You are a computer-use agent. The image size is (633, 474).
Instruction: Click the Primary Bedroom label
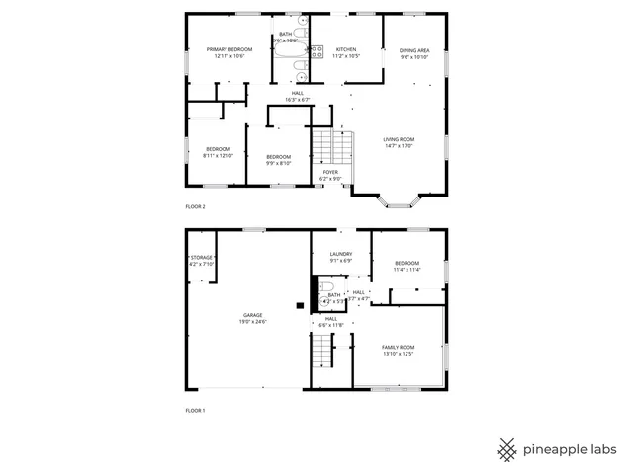point(228,49)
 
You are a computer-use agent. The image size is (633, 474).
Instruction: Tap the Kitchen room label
point(345,49)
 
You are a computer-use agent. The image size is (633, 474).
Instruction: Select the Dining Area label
point(414,50)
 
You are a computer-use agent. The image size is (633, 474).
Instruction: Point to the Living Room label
point(399,139)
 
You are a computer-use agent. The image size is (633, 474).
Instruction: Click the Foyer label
point(330,172)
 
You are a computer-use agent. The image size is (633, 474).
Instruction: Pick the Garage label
point(253,315)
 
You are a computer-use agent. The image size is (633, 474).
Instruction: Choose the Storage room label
point(202,257)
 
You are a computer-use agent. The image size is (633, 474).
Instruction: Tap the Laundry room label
point(341,254)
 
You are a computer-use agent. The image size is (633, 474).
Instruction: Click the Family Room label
point(399,347)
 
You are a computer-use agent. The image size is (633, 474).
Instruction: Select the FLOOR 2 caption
point(195,207)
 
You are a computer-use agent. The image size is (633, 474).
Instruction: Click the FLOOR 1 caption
point(195,410)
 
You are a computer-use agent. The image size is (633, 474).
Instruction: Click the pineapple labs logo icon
point(507,449)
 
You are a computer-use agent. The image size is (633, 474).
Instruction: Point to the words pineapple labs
point(571,449)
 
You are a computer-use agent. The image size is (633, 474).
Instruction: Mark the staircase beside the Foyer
point(332,148)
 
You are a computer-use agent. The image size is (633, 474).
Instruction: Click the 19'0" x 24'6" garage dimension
point(253,322)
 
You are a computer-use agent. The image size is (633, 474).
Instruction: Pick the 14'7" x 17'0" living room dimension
point(399,146)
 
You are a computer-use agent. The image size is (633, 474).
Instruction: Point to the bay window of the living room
point(401,202)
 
